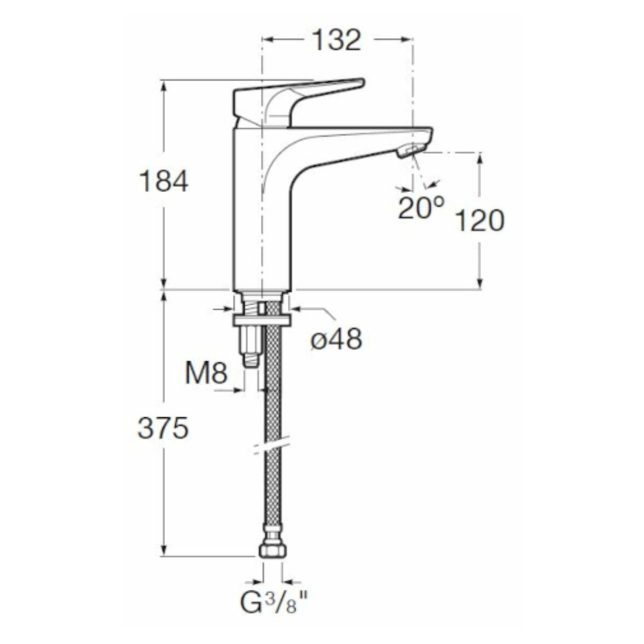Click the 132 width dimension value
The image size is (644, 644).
point(336,40)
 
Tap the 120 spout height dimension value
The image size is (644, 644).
point(480,220)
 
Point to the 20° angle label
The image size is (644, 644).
point(421,207)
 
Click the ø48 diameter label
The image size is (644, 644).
point(336,339)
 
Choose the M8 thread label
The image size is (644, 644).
point(206,374)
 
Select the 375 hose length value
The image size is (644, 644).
point(163,428)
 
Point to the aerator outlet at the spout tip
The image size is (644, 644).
point(412,151)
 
